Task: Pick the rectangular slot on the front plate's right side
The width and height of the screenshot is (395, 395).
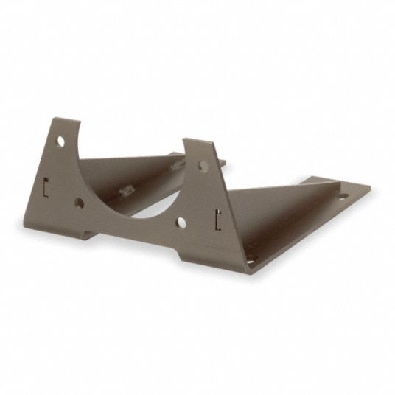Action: (x=218, y=216)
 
